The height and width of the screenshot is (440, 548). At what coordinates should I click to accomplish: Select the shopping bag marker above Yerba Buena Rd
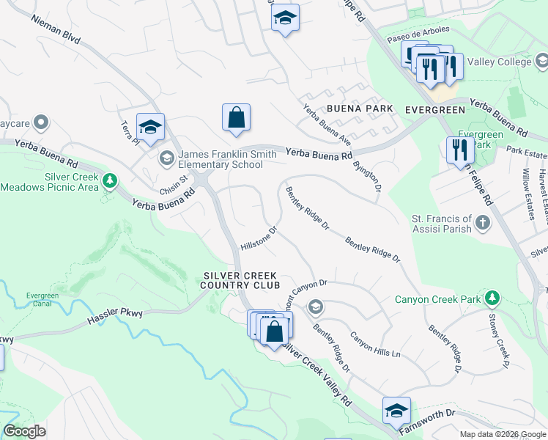236,118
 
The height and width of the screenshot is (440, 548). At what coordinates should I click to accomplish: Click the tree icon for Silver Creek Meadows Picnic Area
110,180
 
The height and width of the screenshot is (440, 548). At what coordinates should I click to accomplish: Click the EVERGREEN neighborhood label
435,109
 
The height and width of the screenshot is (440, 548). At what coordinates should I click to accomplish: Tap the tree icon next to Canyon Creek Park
493,298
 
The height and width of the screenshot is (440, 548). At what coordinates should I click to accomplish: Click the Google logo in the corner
24,431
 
